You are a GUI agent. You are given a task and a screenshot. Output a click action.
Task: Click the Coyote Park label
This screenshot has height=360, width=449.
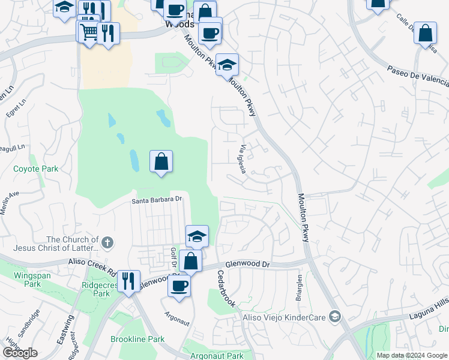[x=36, y=169]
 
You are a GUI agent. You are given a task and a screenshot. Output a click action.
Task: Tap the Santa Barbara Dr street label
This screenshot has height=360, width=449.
[x=157, y=200]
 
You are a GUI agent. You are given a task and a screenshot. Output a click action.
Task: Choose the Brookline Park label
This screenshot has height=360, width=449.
[x=137, y=339]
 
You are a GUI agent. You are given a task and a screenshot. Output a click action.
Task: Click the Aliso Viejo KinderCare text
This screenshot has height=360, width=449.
[x=283, y=316]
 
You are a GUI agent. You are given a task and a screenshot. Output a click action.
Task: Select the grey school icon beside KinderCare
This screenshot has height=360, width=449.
[x=335, y=316]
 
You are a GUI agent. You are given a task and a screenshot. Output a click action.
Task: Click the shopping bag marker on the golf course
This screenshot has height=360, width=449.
[x=161, y=161]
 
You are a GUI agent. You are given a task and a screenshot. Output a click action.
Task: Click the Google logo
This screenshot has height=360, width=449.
[x=19, y=353]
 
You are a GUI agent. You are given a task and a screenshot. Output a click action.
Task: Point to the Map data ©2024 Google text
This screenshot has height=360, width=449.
[x=412, y=355]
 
